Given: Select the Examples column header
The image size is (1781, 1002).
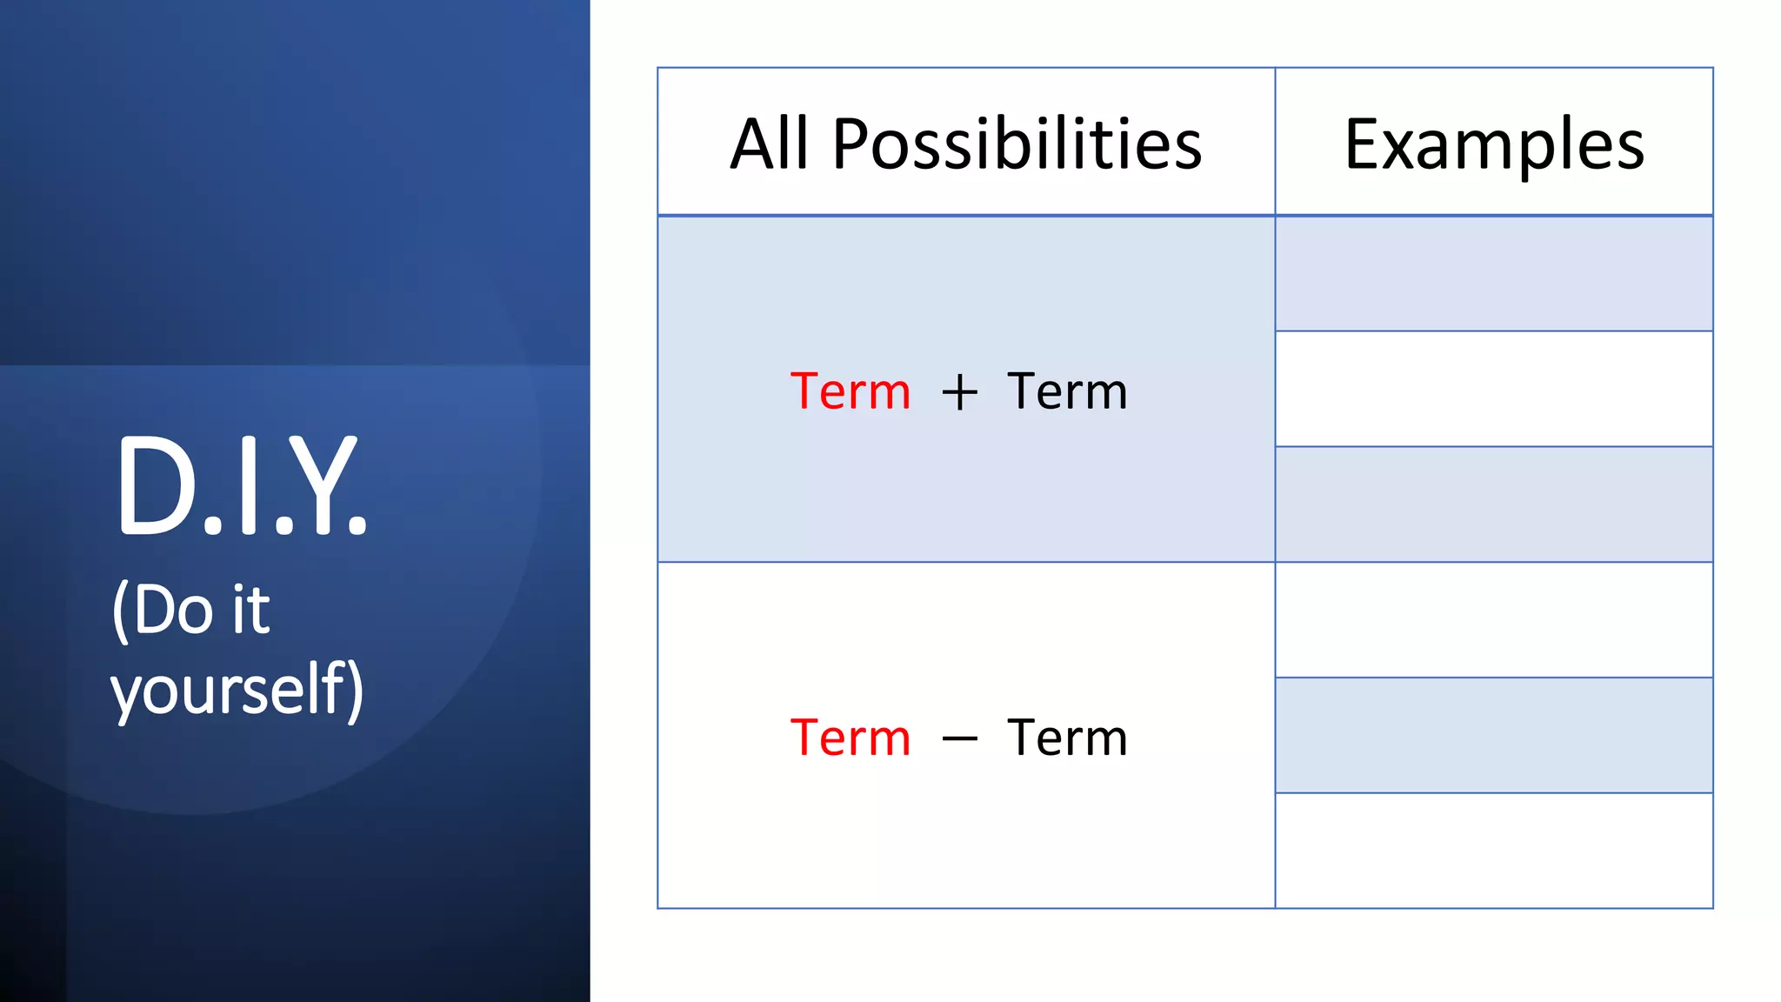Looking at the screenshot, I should [x=1493, y=144].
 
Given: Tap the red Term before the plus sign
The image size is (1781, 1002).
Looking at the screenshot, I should [x=850, y=391].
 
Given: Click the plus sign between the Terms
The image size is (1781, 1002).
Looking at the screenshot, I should [x=959, y=392].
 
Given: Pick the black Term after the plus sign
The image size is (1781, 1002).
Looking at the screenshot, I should [x=1066, y=391].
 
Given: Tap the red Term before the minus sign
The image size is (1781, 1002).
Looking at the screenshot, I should [x=850, y=738].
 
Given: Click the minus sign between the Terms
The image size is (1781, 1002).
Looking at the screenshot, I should [x=959, y=739].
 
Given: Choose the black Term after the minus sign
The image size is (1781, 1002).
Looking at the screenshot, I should [x=1066, y=738].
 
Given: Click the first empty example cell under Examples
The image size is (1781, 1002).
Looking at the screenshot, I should [x=1493, y=274].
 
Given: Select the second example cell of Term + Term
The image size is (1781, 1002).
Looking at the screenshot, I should [x=1493, y=389].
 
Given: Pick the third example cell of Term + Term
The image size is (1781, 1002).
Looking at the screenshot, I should [x=1493, y=504].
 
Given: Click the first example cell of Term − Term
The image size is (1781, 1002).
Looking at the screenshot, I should [x=1493, y=619].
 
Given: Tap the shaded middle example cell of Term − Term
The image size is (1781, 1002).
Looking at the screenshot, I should [x=1493, y=735].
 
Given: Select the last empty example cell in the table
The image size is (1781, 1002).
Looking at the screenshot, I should [x=1493, y=850].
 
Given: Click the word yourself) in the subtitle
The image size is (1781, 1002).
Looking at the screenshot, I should [x=237, y=689].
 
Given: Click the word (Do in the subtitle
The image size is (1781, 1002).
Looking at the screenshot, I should [x=163, y=611].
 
